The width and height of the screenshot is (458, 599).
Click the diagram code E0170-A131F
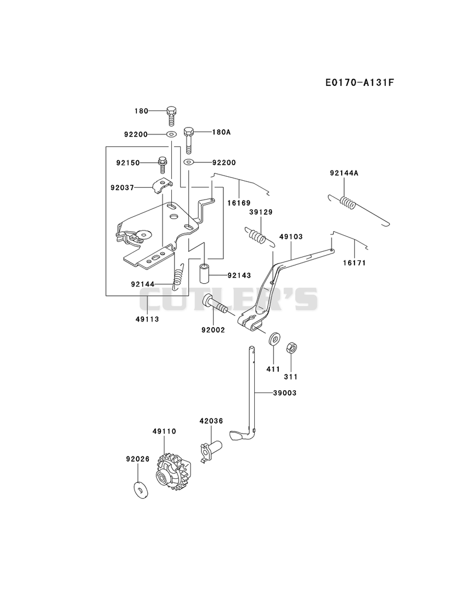coord(359,82)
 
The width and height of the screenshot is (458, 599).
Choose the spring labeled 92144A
coord(358,209)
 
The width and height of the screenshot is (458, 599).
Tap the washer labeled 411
coord(274,339)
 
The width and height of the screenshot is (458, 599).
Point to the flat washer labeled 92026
coord(140,491)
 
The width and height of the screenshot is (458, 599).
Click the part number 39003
coord(285,392)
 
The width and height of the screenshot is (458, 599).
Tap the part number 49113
coord(147,319)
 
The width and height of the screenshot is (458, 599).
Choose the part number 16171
coord(354,263)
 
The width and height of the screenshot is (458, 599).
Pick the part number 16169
coord(239,203)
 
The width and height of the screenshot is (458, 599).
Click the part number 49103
coord(291,236)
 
